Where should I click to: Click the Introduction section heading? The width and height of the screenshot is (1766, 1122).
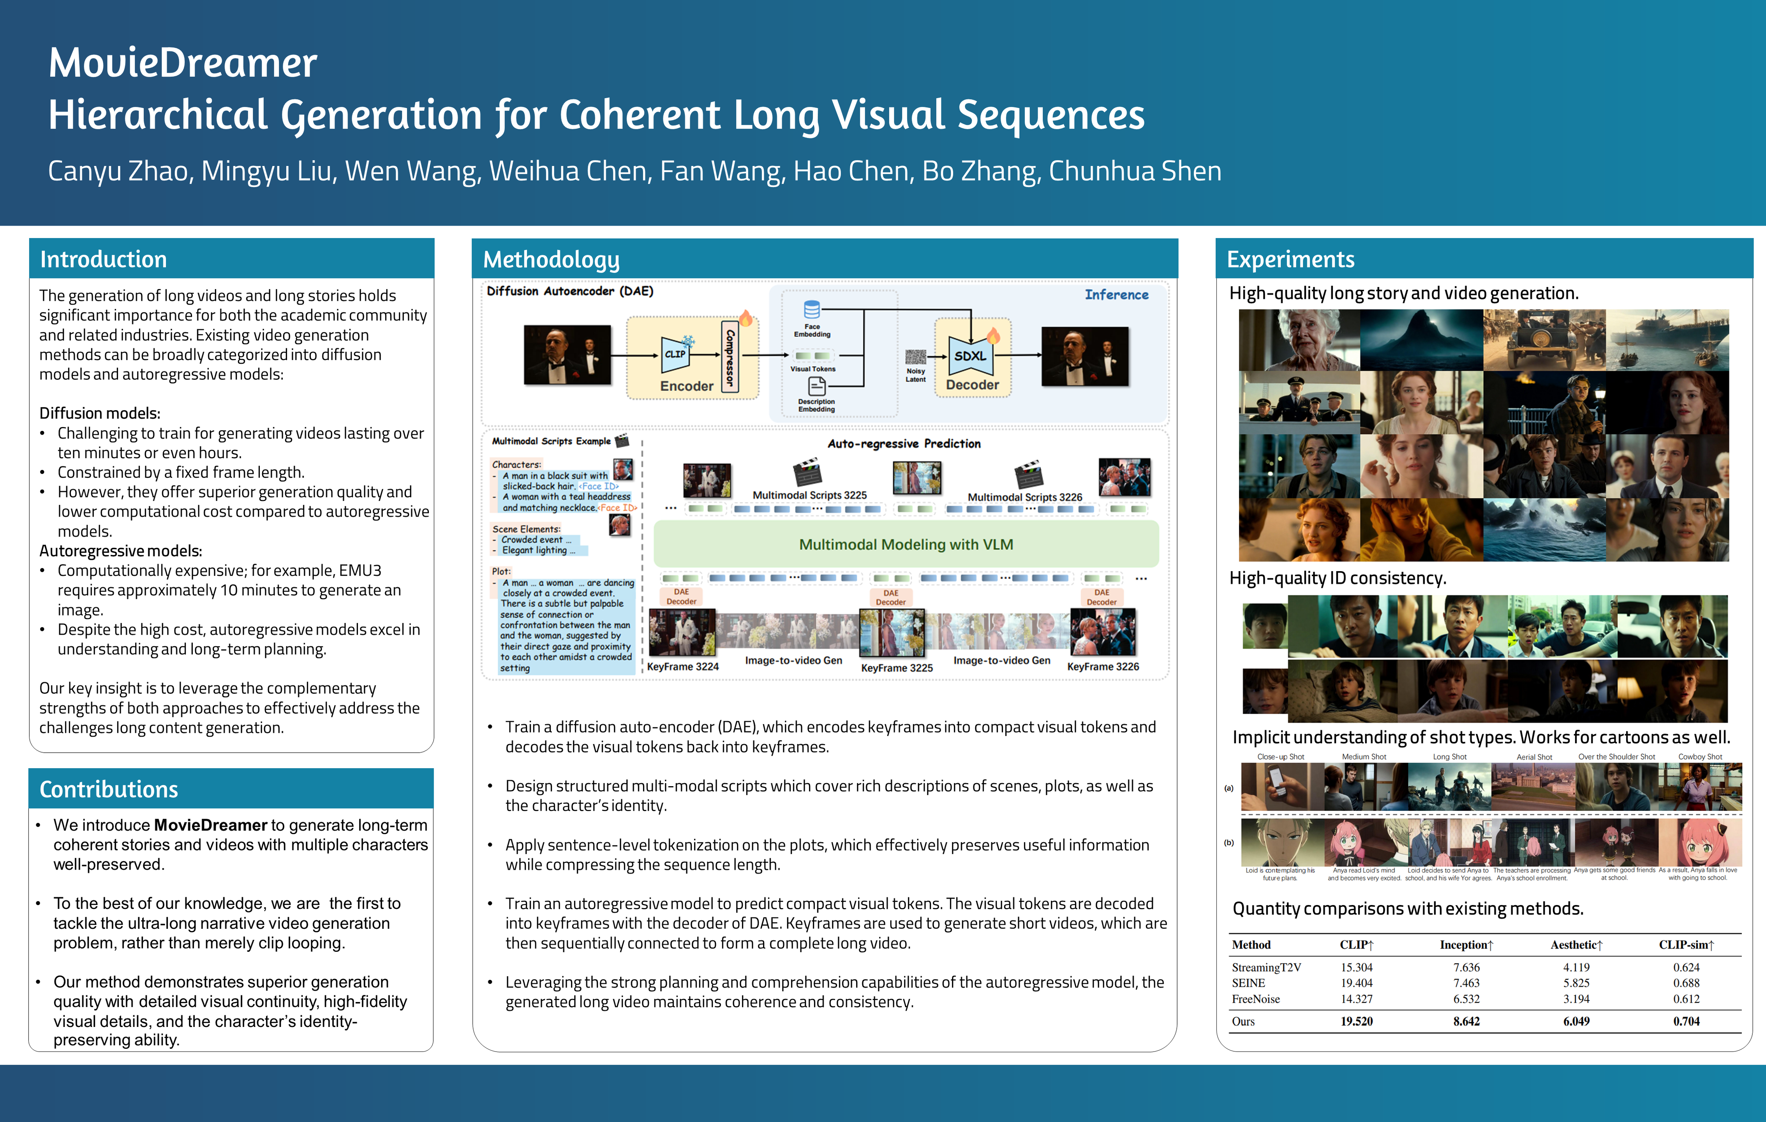pyautogui.click(x=103, y=259)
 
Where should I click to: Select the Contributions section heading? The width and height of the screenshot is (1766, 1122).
pyautogui.click(x=109, y=789)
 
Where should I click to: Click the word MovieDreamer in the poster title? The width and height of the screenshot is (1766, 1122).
pyautogui.click(x=183, y=63)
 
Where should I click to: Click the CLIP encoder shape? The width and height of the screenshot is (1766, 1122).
pyautogui.click(x=675, y=354)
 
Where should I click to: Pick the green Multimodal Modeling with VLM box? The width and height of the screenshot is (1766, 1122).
pyautogui.click(x=906, y=544)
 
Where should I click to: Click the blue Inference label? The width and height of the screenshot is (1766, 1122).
pyautogui.click(x=1116, y=295)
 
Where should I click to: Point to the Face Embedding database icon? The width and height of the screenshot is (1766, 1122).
pyautogui.click(x=812, y=309)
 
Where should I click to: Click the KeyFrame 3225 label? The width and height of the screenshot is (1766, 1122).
pyautogui.click(x=896, y=668)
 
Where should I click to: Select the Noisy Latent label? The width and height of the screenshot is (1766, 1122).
pyautogui.click(x=915, y=376)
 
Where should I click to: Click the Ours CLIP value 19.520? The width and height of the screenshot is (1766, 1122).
pyautogui.click(x=1356, y=1021)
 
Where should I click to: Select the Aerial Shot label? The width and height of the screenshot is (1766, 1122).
pyautogui.click(x=1534, y=757)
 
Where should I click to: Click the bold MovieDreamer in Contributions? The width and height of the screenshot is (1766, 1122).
pyautogui.click(x=210, y=826)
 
